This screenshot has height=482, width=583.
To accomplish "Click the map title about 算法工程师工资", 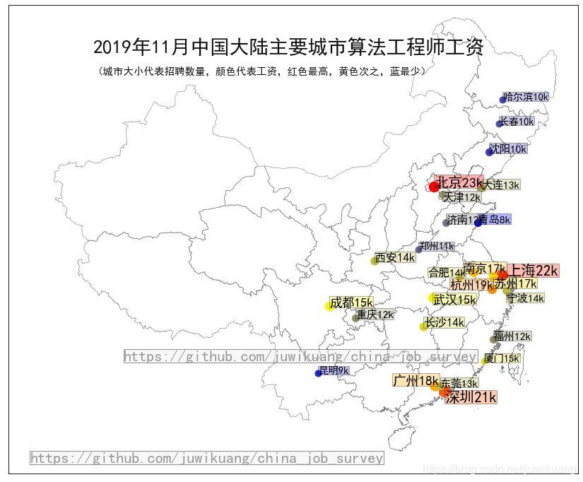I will tap(288, 47).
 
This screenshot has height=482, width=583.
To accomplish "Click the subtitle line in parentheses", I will tap(262, 72).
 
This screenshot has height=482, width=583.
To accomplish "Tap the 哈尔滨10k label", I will tap(526, 97).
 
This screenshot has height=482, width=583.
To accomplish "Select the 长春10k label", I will tap(517, 122).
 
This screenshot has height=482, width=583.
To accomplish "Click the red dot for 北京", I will tap(434, 187).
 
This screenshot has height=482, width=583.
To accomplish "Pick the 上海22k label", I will tap(534, 271).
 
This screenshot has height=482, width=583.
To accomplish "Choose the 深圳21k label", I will tap(471, 398).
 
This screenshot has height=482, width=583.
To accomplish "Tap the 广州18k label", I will tap(416, 381).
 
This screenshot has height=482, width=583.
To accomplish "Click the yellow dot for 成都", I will tap(329, 306).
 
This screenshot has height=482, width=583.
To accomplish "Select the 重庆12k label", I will tap(375, 315).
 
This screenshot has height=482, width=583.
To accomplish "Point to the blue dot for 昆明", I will tap(318, 373).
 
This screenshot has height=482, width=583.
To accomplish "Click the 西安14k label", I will tap(395, 257).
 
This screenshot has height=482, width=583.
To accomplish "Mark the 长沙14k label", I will tap(444, 323).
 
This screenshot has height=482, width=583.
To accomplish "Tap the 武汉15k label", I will tap(455, 300).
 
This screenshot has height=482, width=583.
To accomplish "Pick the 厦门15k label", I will tap(502, 359).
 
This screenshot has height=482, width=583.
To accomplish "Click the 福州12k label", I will tap(512, 336).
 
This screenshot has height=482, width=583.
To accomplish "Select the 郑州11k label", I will tap(437, 247).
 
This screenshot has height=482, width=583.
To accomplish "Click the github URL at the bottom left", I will tap(206, 458).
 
